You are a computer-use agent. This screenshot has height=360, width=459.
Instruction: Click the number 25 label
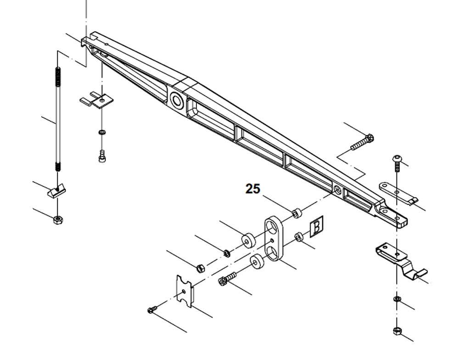click(x=252, y=188)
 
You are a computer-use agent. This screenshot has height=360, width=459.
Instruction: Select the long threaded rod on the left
click(x=58, y=119)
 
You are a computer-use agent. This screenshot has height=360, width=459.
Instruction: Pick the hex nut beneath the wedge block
click(x=58, y=220)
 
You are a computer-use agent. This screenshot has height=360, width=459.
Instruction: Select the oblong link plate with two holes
click(x=274, y=239)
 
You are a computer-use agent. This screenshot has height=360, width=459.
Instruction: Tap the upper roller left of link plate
click(x=248, y=239)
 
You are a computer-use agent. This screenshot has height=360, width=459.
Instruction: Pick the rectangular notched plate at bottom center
click(x=185, y=289)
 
